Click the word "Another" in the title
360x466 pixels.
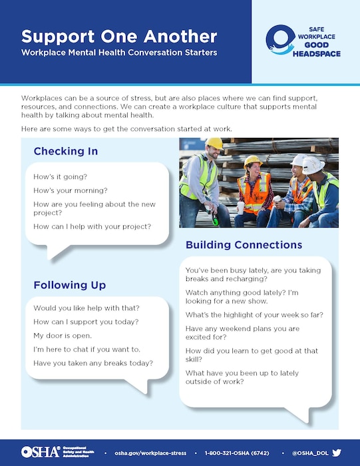coord(176,36)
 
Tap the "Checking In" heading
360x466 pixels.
coord(66,151)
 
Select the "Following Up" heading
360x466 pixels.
coord(70,285)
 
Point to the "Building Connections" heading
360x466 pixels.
coord(244,245)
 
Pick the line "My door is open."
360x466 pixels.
coord(63,336)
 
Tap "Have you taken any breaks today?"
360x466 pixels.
coord(93,363)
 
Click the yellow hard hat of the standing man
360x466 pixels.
coord(214,143)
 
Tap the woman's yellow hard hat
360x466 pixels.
coord(252,160)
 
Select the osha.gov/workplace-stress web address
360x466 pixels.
coord(150,453)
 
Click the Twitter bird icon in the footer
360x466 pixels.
coord(336,452)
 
